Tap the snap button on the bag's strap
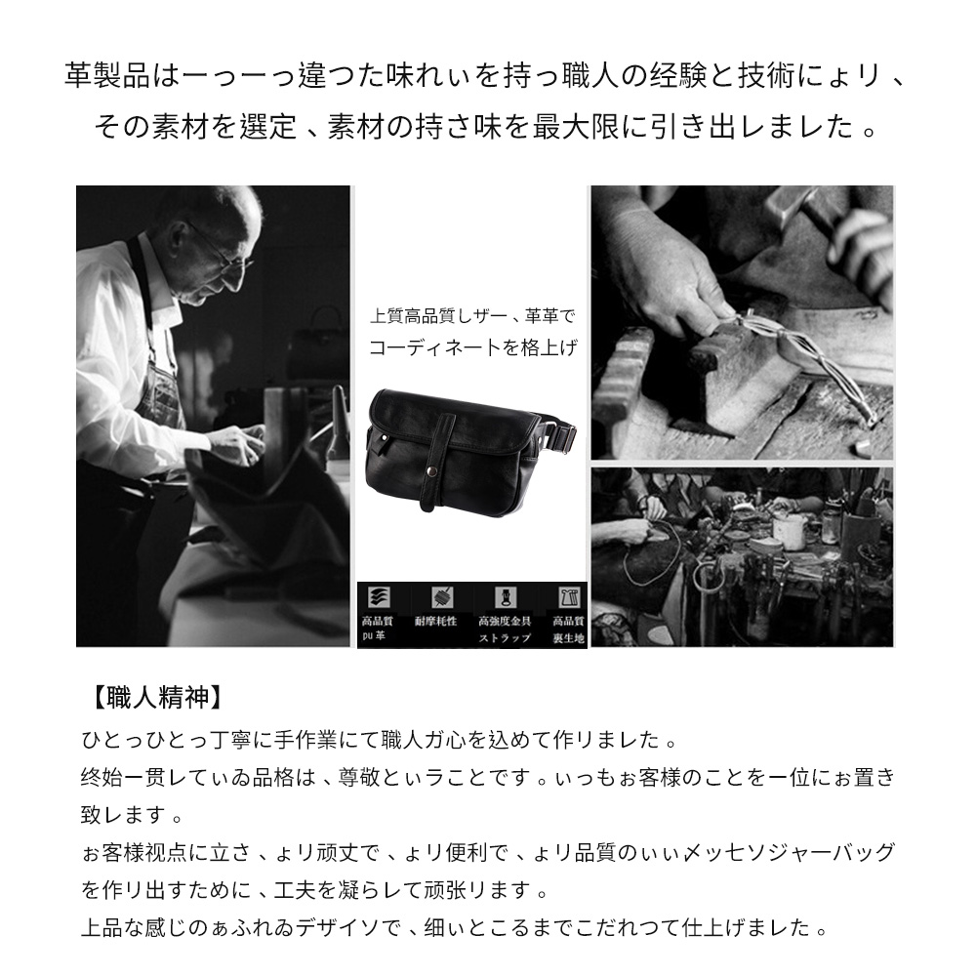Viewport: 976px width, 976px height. coord(429,473)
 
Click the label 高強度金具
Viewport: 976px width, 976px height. coord(504,621)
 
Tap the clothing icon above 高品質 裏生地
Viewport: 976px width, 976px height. coord(567,597)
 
